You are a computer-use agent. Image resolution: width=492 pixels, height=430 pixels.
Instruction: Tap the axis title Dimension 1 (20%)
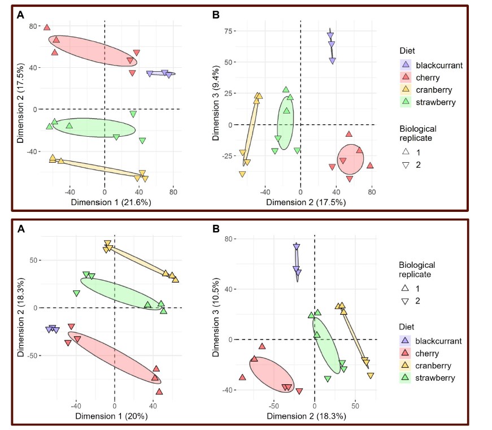pyautogui.click(x=115, y=416)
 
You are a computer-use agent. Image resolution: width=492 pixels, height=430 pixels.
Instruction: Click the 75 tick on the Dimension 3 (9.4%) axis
pyautogui.click(x=230, y=31)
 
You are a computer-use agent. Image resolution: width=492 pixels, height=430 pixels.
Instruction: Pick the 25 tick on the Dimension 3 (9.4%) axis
pyautogui.click(x=230, y=93)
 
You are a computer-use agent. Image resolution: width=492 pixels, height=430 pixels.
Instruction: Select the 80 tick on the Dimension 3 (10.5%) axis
pyautogui.click(x=230, y=238)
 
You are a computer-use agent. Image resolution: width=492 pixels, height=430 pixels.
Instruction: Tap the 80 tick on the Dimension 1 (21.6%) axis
pyautogui.click(x=173, y=191)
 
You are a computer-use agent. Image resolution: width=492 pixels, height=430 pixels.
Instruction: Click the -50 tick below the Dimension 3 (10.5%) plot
pyautogui.click(x=274, y=406)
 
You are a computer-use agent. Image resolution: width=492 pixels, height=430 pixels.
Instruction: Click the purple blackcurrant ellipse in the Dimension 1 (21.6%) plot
pyautogui.click(x=161, y=73)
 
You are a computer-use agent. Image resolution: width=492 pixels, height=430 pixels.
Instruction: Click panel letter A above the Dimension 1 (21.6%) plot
pyautogui.click(x=21, y=15)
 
